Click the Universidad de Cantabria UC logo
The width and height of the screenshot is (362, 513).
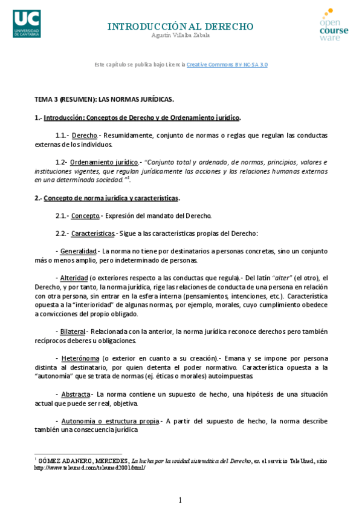pos(26,23)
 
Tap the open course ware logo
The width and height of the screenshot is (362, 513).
pos(334,25)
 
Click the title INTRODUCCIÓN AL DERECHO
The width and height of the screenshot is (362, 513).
pos(180,27)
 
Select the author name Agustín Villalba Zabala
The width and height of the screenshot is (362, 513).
pos(181,36)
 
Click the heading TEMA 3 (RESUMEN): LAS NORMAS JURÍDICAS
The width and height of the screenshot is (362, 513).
pos(104,99)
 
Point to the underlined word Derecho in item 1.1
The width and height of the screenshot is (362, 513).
pos(84,135)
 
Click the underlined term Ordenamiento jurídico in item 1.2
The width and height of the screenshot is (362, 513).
pos(104,162)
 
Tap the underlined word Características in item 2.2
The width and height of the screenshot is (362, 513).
pos(93,234)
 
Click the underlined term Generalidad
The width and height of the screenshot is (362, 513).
pos(79,251)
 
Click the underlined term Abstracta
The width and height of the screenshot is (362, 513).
pos(76,394)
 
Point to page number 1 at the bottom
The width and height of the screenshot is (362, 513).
pos(180,500)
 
